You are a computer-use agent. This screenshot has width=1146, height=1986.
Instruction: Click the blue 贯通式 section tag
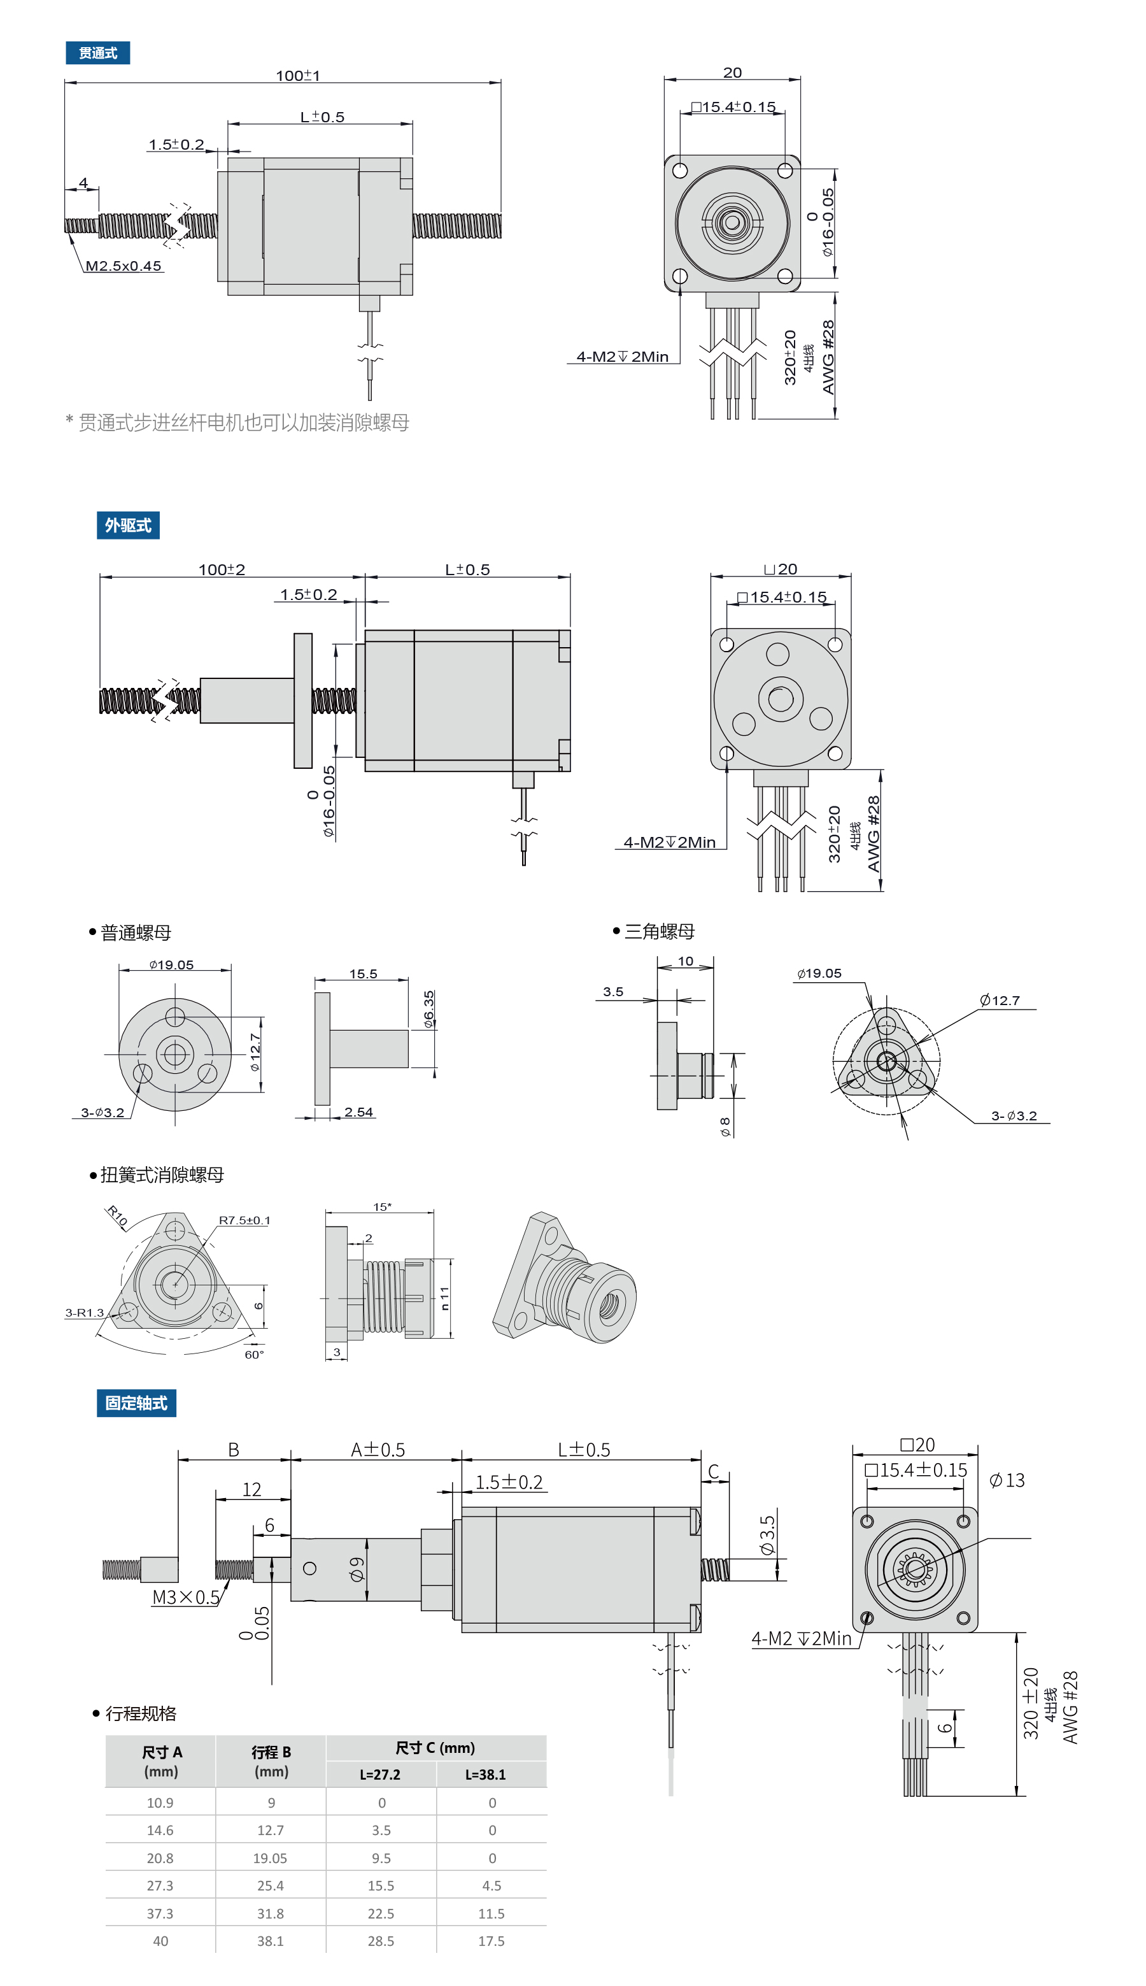pos(97,53)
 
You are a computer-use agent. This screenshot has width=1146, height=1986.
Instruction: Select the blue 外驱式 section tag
pos(127,525)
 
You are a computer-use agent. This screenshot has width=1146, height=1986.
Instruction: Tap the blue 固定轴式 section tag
pos(136,1403)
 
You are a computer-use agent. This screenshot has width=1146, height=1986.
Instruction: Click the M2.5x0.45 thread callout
pos(124,266)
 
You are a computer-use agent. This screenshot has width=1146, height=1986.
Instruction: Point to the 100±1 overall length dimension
pos(297,76)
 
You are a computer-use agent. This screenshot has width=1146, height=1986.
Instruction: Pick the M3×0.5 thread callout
pos(186,1597)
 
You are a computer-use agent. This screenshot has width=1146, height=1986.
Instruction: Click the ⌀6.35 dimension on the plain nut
pos(429,1010)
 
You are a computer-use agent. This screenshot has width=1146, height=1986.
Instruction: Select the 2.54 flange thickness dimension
pos(358,1112)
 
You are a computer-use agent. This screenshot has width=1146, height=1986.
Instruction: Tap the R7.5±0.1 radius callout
pos(244,1220)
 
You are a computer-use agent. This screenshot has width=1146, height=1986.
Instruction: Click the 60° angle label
pos(254,1354)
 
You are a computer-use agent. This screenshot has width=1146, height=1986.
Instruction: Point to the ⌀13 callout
pos(1007,1480)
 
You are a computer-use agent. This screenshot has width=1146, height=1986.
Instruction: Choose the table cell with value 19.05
pos(270,1857)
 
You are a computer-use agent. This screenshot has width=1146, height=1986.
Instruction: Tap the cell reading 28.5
pos(381,1940)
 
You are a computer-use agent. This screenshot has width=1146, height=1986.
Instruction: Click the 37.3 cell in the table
pos(160,1913)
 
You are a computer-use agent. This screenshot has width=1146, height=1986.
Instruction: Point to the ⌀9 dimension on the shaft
pos(357,1569)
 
